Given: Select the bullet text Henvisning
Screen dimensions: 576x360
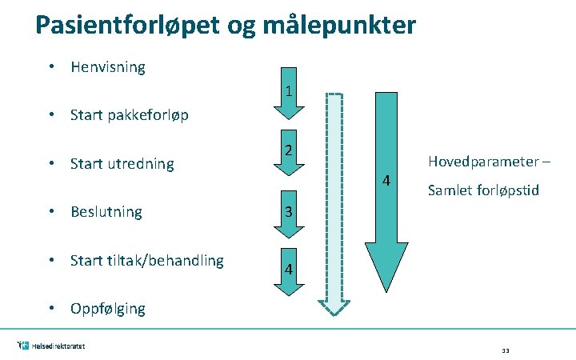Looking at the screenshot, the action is [108, 67].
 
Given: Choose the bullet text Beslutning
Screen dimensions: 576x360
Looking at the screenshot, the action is [106, 212].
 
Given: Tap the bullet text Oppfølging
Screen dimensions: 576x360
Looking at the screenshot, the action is [108, 309].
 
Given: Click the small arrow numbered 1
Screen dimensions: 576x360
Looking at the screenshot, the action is [288, 90].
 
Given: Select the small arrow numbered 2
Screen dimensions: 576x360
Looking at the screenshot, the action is [289, 153].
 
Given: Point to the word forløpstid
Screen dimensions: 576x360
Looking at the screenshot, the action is [510, 190].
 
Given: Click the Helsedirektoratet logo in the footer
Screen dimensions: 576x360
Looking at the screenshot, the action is [51, 346].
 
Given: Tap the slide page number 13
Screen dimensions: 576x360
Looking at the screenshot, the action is [506, 350].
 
